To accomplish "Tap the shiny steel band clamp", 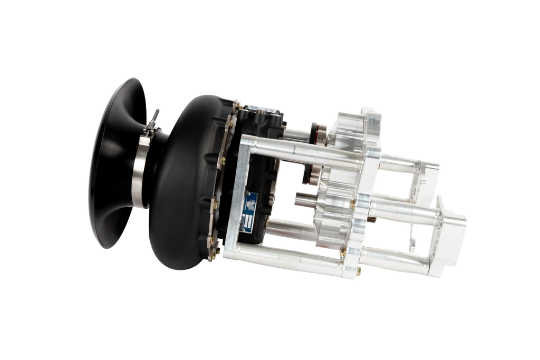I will click(142, 174).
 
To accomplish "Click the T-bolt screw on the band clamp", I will click(155, 121).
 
